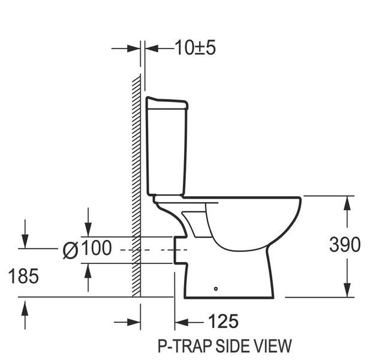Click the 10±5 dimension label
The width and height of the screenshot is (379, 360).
[x=195, y=48]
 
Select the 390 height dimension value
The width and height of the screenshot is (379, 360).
[x=345, y=245]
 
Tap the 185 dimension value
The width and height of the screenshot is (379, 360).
[x=23, y=276]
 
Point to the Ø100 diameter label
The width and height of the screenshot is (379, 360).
[x=87, y=248]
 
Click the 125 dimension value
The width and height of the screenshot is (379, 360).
[x=222, y=322]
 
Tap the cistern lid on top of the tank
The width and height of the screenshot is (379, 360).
[x=167, y=103]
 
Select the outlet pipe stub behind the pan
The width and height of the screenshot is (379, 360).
[x=179, y=249]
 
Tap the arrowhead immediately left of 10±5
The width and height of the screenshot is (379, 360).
[x=151, y=48]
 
